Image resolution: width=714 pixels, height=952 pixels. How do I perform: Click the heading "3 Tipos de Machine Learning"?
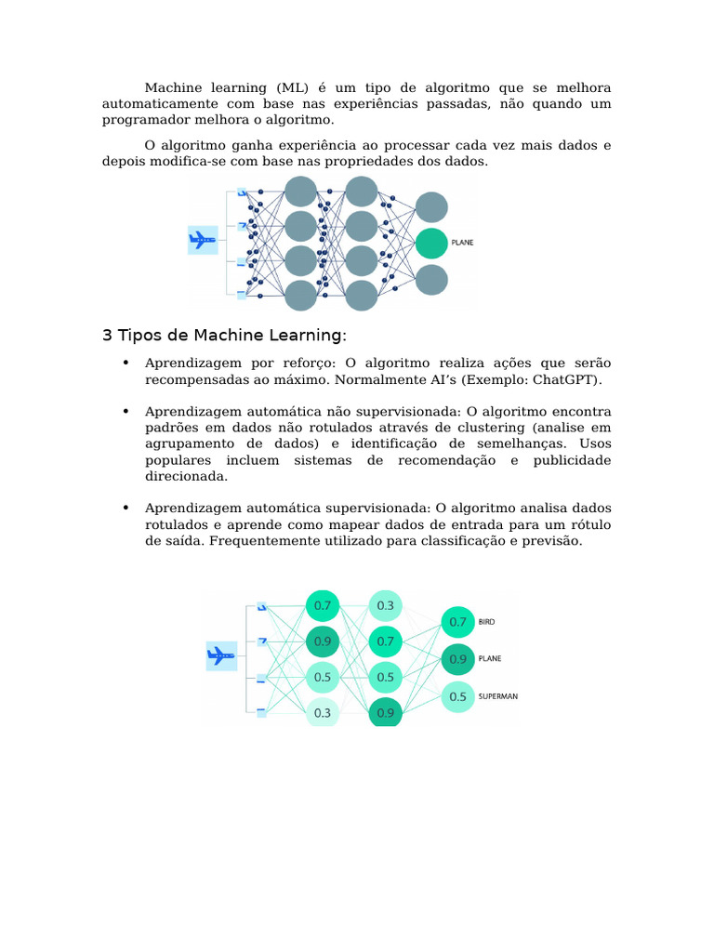pos(224,335)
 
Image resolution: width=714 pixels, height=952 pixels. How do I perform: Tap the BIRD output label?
pos(486,621)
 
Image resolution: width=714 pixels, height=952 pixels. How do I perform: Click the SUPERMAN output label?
pos(497,695)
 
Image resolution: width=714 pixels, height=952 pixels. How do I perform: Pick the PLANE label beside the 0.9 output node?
pos(489,658)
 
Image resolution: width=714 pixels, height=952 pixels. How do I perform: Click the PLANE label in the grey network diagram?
pos(462,242)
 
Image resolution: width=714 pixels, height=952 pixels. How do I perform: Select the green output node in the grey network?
pos(431,243)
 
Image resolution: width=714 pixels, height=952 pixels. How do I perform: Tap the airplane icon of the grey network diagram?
pos(203,241)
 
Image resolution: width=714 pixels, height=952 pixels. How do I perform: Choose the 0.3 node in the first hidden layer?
pos(323,713)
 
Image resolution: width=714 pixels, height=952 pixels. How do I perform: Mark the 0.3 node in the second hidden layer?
pos(385,605)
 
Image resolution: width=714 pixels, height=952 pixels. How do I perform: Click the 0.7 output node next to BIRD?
pos(457,621)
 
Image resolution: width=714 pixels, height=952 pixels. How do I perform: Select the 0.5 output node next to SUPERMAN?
pos(457,695)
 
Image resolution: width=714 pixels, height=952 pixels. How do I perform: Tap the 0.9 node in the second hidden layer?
pos(385,713)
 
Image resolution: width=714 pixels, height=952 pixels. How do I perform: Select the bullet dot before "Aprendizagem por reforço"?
pos(125,363)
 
